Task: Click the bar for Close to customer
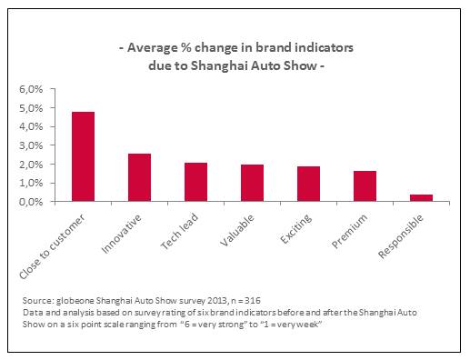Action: tap(83, 156)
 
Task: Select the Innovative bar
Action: tap(139, 177)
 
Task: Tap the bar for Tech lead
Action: tap(195, 182)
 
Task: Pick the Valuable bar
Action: tap(252, 183)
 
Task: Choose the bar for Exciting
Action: tap(308, 184)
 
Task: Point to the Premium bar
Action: tap(365, 186)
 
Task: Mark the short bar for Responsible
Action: tap(421, 197)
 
